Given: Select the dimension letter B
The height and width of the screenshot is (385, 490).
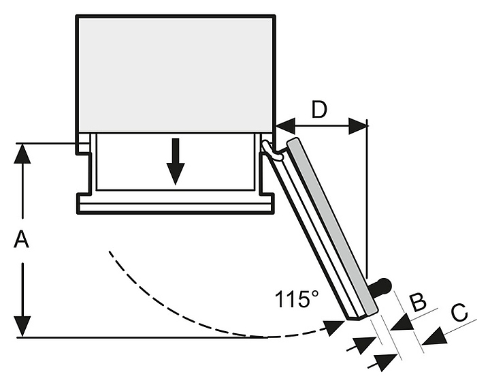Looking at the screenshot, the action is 418,302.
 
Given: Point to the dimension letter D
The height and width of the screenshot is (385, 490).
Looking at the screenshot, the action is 319,109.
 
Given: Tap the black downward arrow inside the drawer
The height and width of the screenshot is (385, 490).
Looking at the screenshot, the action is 176,161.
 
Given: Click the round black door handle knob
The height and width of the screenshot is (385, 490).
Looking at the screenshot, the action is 384,286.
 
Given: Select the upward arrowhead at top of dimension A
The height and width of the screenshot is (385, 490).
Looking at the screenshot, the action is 22,153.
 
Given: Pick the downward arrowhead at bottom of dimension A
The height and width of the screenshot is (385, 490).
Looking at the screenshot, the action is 22,326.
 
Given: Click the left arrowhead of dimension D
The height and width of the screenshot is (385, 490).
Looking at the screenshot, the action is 286,126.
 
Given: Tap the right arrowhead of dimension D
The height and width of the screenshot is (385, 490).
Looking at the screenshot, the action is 358,126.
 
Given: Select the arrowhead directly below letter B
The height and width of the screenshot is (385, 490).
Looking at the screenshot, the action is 402,322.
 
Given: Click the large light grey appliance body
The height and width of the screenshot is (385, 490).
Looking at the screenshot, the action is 176,74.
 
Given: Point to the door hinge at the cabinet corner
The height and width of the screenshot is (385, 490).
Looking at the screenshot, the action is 271,151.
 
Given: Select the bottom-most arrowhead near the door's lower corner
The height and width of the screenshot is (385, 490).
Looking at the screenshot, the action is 385,362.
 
